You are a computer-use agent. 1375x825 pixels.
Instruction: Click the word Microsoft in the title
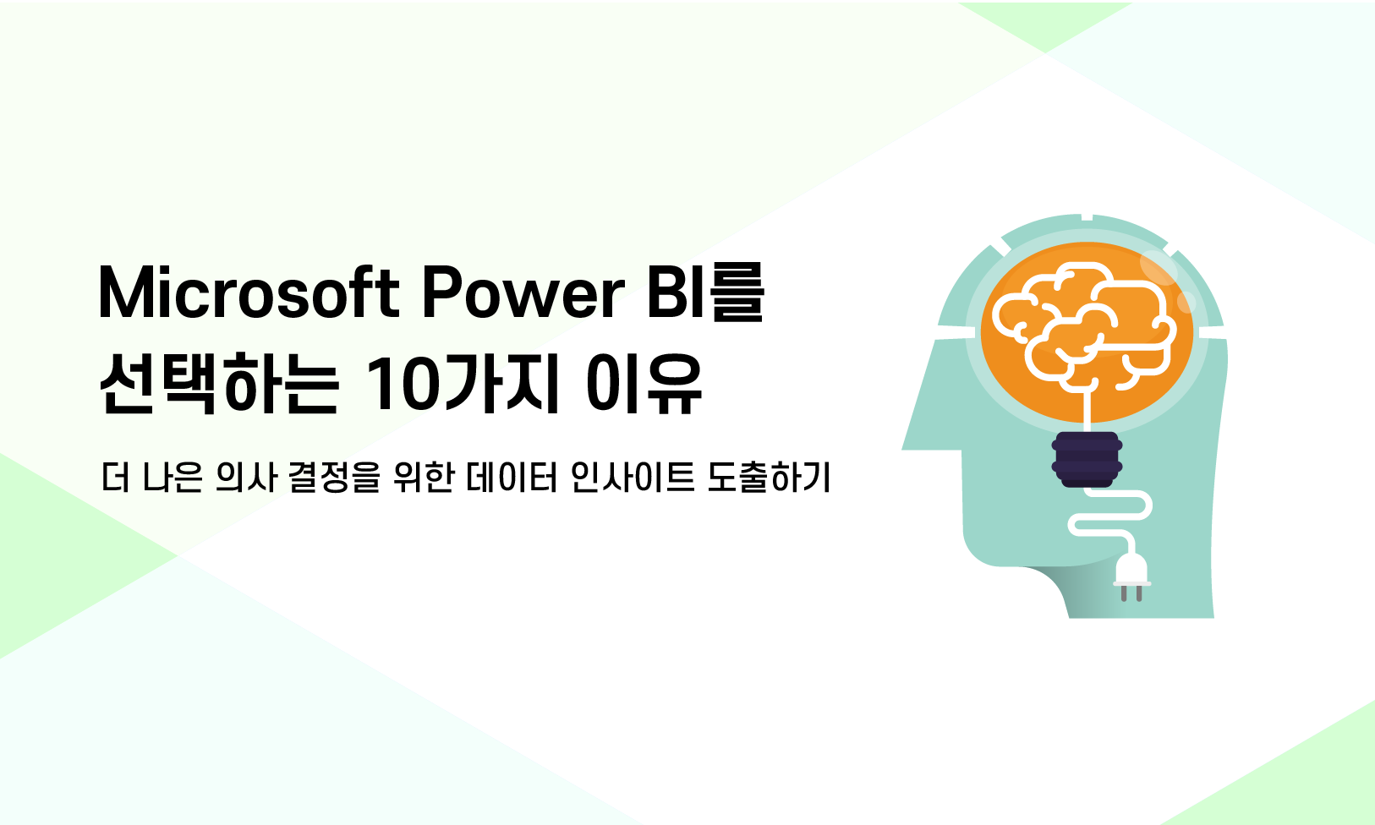point(249,293)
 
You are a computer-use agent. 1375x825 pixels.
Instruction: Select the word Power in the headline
point(523,293)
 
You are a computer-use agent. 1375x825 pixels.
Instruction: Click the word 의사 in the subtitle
point(247,477)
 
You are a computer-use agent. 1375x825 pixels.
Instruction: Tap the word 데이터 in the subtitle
point(511,477)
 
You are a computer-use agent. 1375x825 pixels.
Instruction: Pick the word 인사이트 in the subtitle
point(633,477)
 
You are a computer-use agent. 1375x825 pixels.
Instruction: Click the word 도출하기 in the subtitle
point(769,477)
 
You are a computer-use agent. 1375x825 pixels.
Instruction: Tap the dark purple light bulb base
point(1087,460)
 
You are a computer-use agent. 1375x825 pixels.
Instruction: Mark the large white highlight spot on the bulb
point(1159,267)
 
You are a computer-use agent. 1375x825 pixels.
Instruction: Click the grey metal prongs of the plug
point(1131,593)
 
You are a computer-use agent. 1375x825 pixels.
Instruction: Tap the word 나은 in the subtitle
point(173,477)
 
